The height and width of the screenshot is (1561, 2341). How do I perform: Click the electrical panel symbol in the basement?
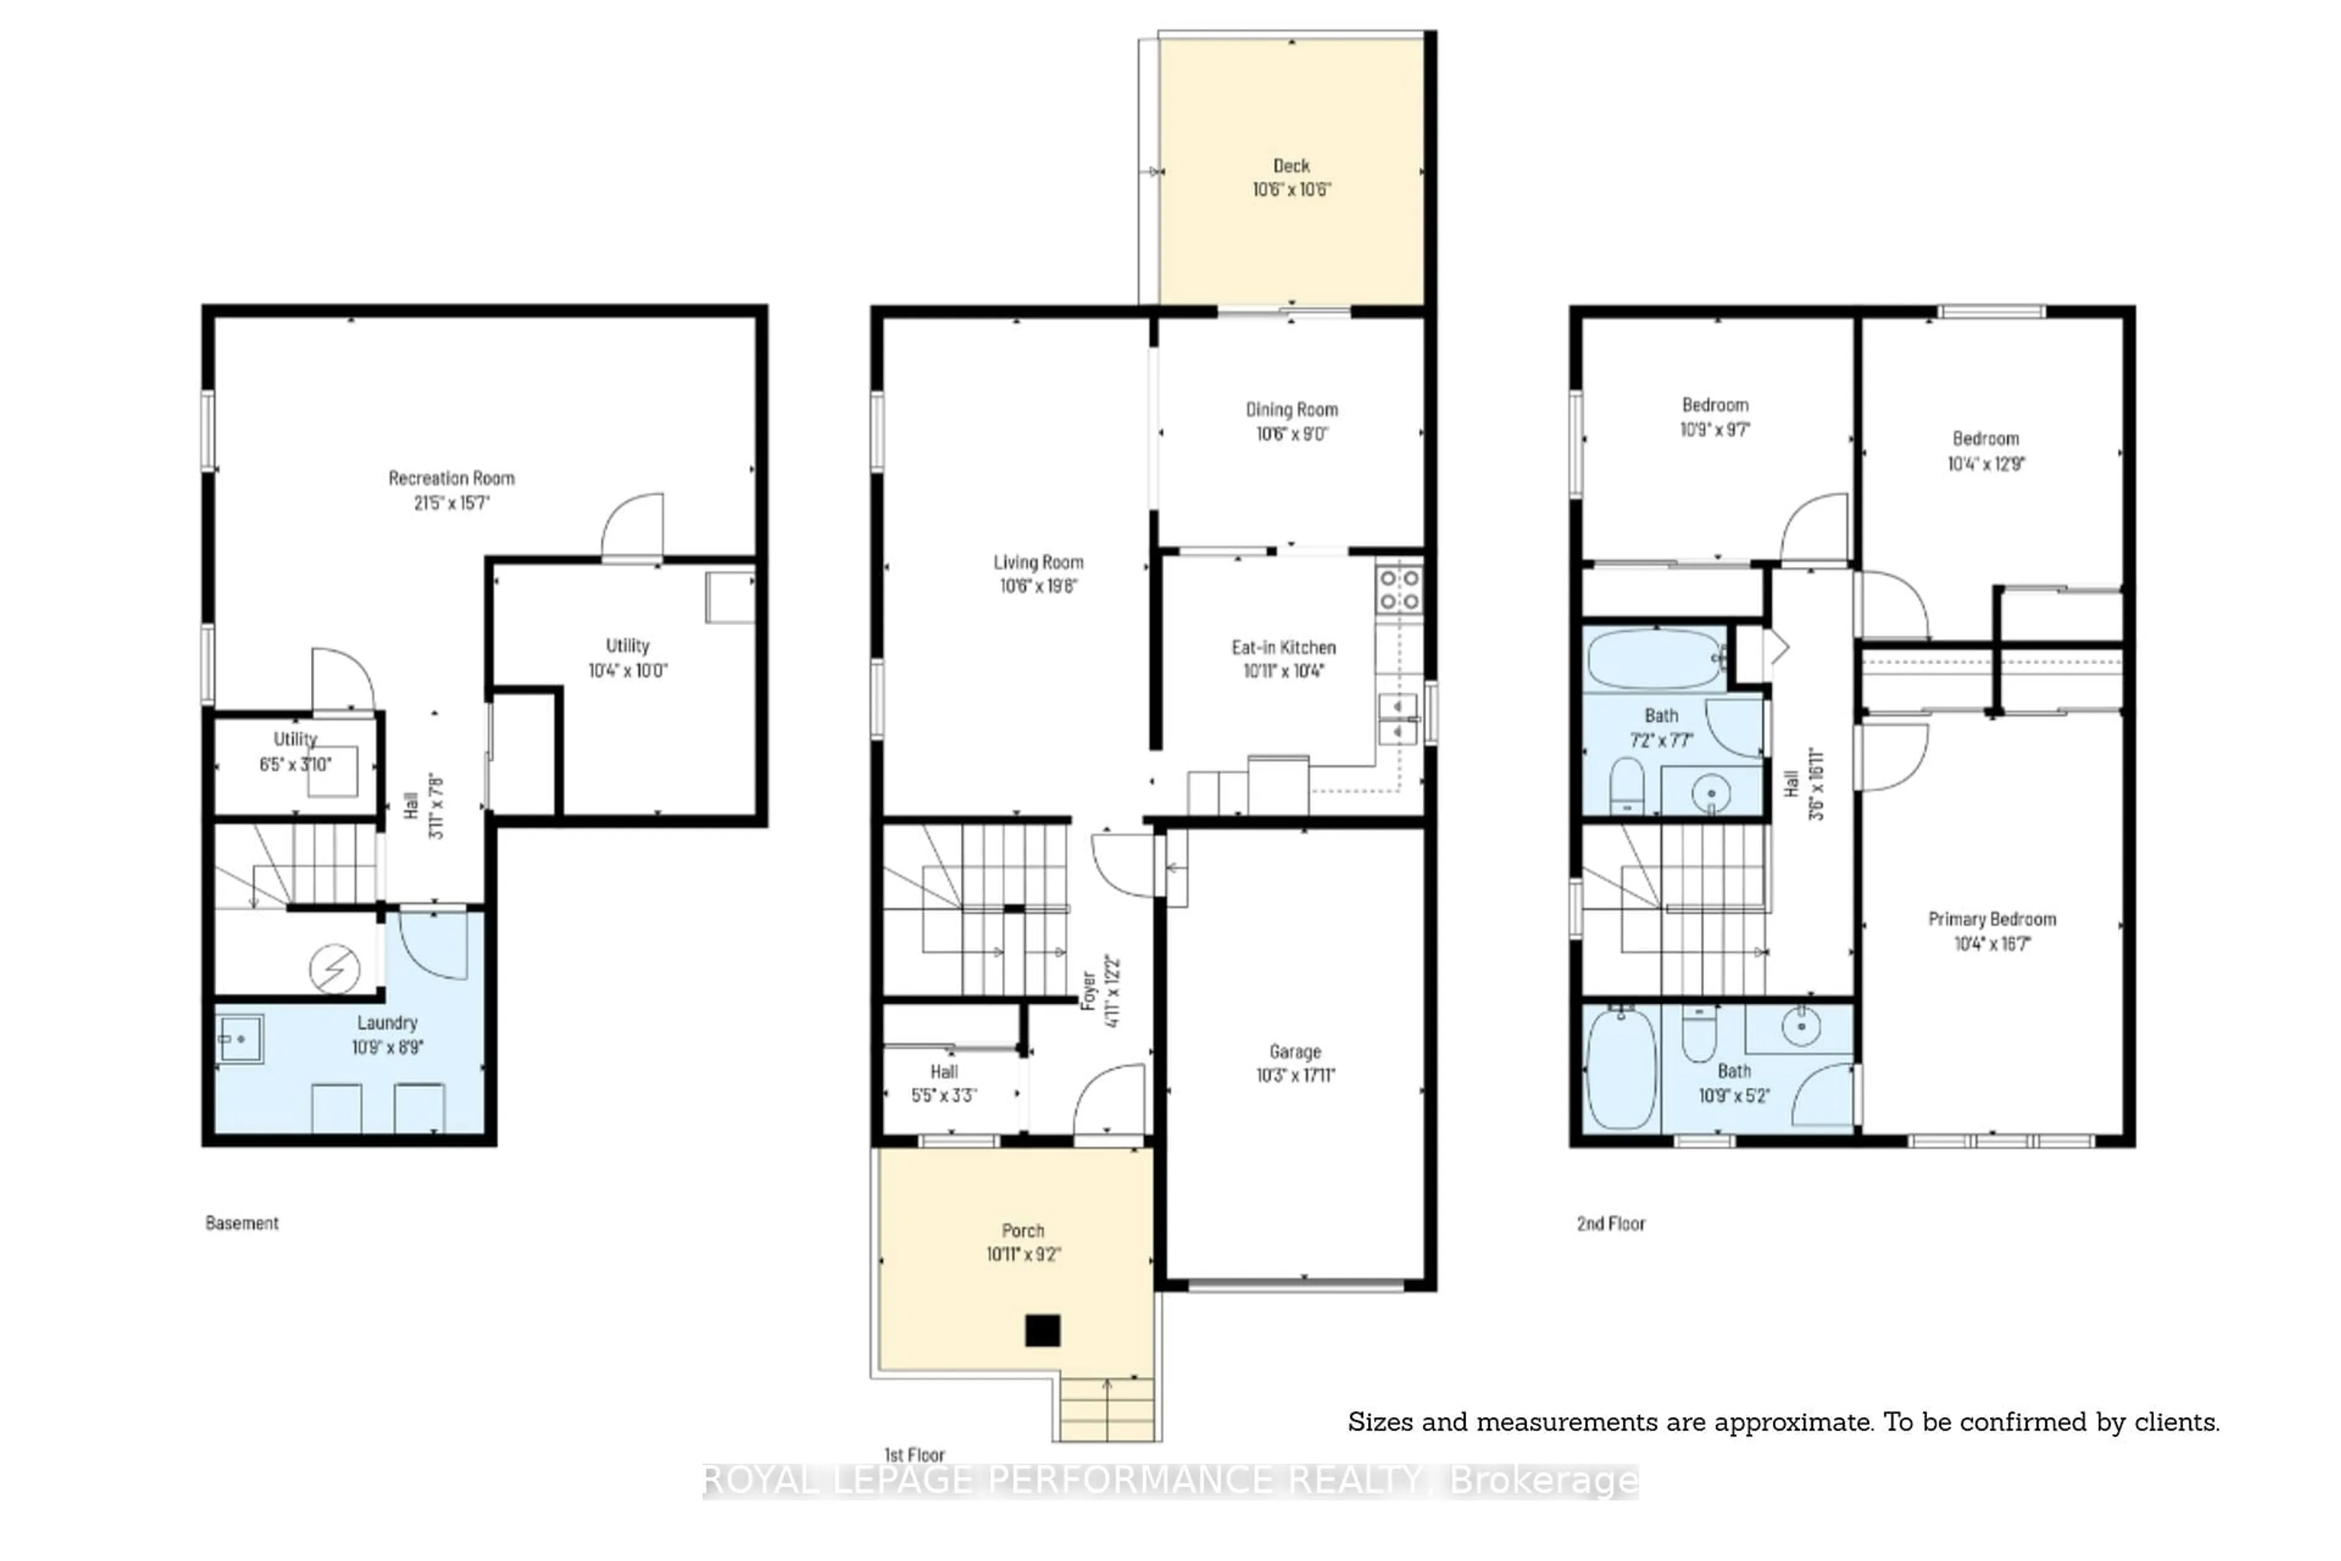tap(335, 968)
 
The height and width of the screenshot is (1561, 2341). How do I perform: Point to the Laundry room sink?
tap(240, 1039)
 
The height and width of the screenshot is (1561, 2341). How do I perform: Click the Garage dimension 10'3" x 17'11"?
tap(1295, 1075)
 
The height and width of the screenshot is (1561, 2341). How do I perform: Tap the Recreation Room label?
tap(451, 478)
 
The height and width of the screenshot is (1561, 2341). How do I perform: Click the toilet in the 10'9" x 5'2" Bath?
tap(1699, 1035)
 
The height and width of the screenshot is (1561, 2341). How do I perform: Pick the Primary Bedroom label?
tap(1992, 919)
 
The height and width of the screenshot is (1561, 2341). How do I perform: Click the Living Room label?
tap(1038, 562)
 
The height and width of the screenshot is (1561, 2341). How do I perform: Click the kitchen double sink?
tap(1399, 720)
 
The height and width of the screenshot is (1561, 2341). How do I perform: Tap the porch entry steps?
tap(1106, 1409)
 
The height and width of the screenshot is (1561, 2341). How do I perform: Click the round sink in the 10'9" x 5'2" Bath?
tap(1800, 1026)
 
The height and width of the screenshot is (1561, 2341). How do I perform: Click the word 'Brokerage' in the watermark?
tap(1543, 1481)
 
